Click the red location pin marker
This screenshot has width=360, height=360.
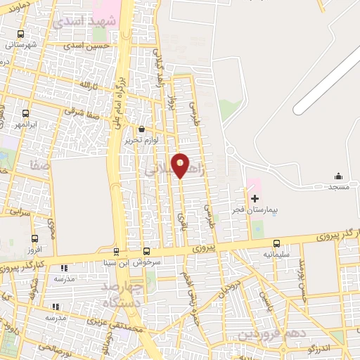coord(180,166)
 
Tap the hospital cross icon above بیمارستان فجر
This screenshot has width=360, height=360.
coord(254,200)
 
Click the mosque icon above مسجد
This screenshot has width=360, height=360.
coord(338,176)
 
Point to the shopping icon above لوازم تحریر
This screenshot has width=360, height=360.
coord(143,129)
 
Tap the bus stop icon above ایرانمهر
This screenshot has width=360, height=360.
coord(26,114)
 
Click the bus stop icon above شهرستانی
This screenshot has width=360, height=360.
coord(20,34)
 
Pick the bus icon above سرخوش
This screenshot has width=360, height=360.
coord(146,252)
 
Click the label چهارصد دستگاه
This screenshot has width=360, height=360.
coord(123,295)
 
